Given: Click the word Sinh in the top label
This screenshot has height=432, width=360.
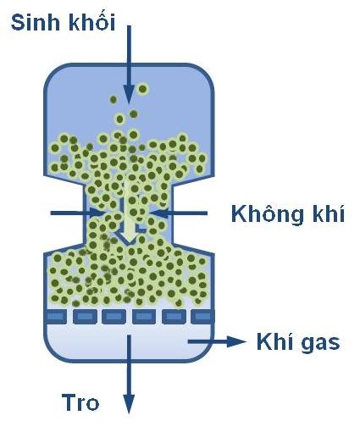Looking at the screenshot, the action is coord(36,22).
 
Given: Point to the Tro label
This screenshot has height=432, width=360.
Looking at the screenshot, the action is coord(80,402).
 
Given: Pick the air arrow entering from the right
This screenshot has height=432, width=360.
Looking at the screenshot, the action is coord(179,213).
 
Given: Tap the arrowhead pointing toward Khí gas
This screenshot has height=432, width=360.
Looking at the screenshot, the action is coord(236,341).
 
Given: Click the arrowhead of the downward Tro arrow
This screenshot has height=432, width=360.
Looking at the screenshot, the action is coord(129,404).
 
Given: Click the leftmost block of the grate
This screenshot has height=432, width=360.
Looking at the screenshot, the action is coord(56,317).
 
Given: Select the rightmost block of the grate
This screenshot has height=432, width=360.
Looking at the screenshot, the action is coord(202,317).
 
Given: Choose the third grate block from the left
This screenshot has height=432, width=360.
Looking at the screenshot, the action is coord(114,317).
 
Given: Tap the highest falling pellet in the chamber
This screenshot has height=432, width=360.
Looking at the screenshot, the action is coord(143,89).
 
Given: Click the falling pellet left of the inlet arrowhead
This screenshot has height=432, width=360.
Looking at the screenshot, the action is coord(114,99).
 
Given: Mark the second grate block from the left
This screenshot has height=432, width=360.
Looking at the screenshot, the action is coord(85,317).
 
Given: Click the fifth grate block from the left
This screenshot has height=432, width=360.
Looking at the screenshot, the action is coord(174,317).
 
